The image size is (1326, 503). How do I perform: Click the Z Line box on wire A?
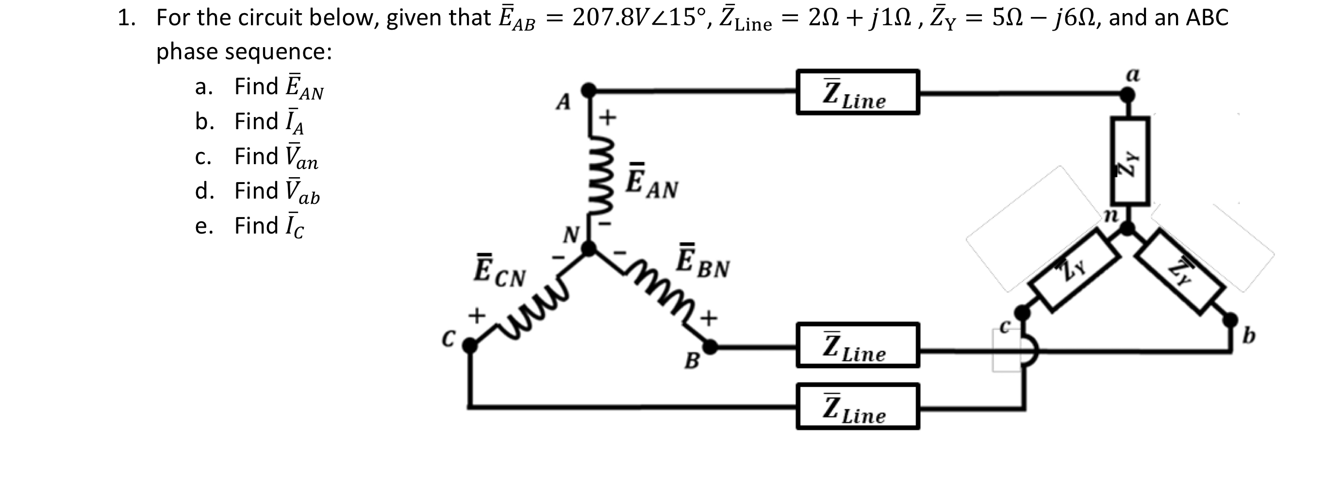pyautogui.click(x=857, y=92)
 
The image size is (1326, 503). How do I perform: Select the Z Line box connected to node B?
pyautogui.click(x=857, y=345)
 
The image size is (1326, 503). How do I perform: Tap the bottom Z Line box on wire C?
pyautogui.click(x=857, y=406)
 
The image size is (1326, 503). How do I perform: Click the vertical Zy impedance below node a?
pyautogui.click(x=1129, y=161)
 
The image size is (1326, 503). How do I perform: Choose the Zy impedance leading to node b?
pyautogui.click(x=1181, y=271)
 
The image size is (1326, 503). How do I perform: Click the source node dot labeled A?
pyautogui.click(x=588, y=90)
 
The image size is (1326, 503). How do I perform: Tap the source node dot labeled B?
pyautogui.click(x=710, y=347)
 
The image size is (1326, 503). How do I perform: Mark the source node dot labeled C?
pyautogui.click(x=469, y=346)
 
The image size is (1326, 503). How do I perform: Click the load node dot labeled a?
pyautogui.click(x=1127, y=95)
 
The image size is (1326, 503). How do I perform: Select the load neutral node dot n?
pyautogui.click(x=1127, y=228)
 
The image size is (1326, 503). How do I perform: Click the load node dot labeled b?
pyautogui.click(x=1230, y=320)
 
